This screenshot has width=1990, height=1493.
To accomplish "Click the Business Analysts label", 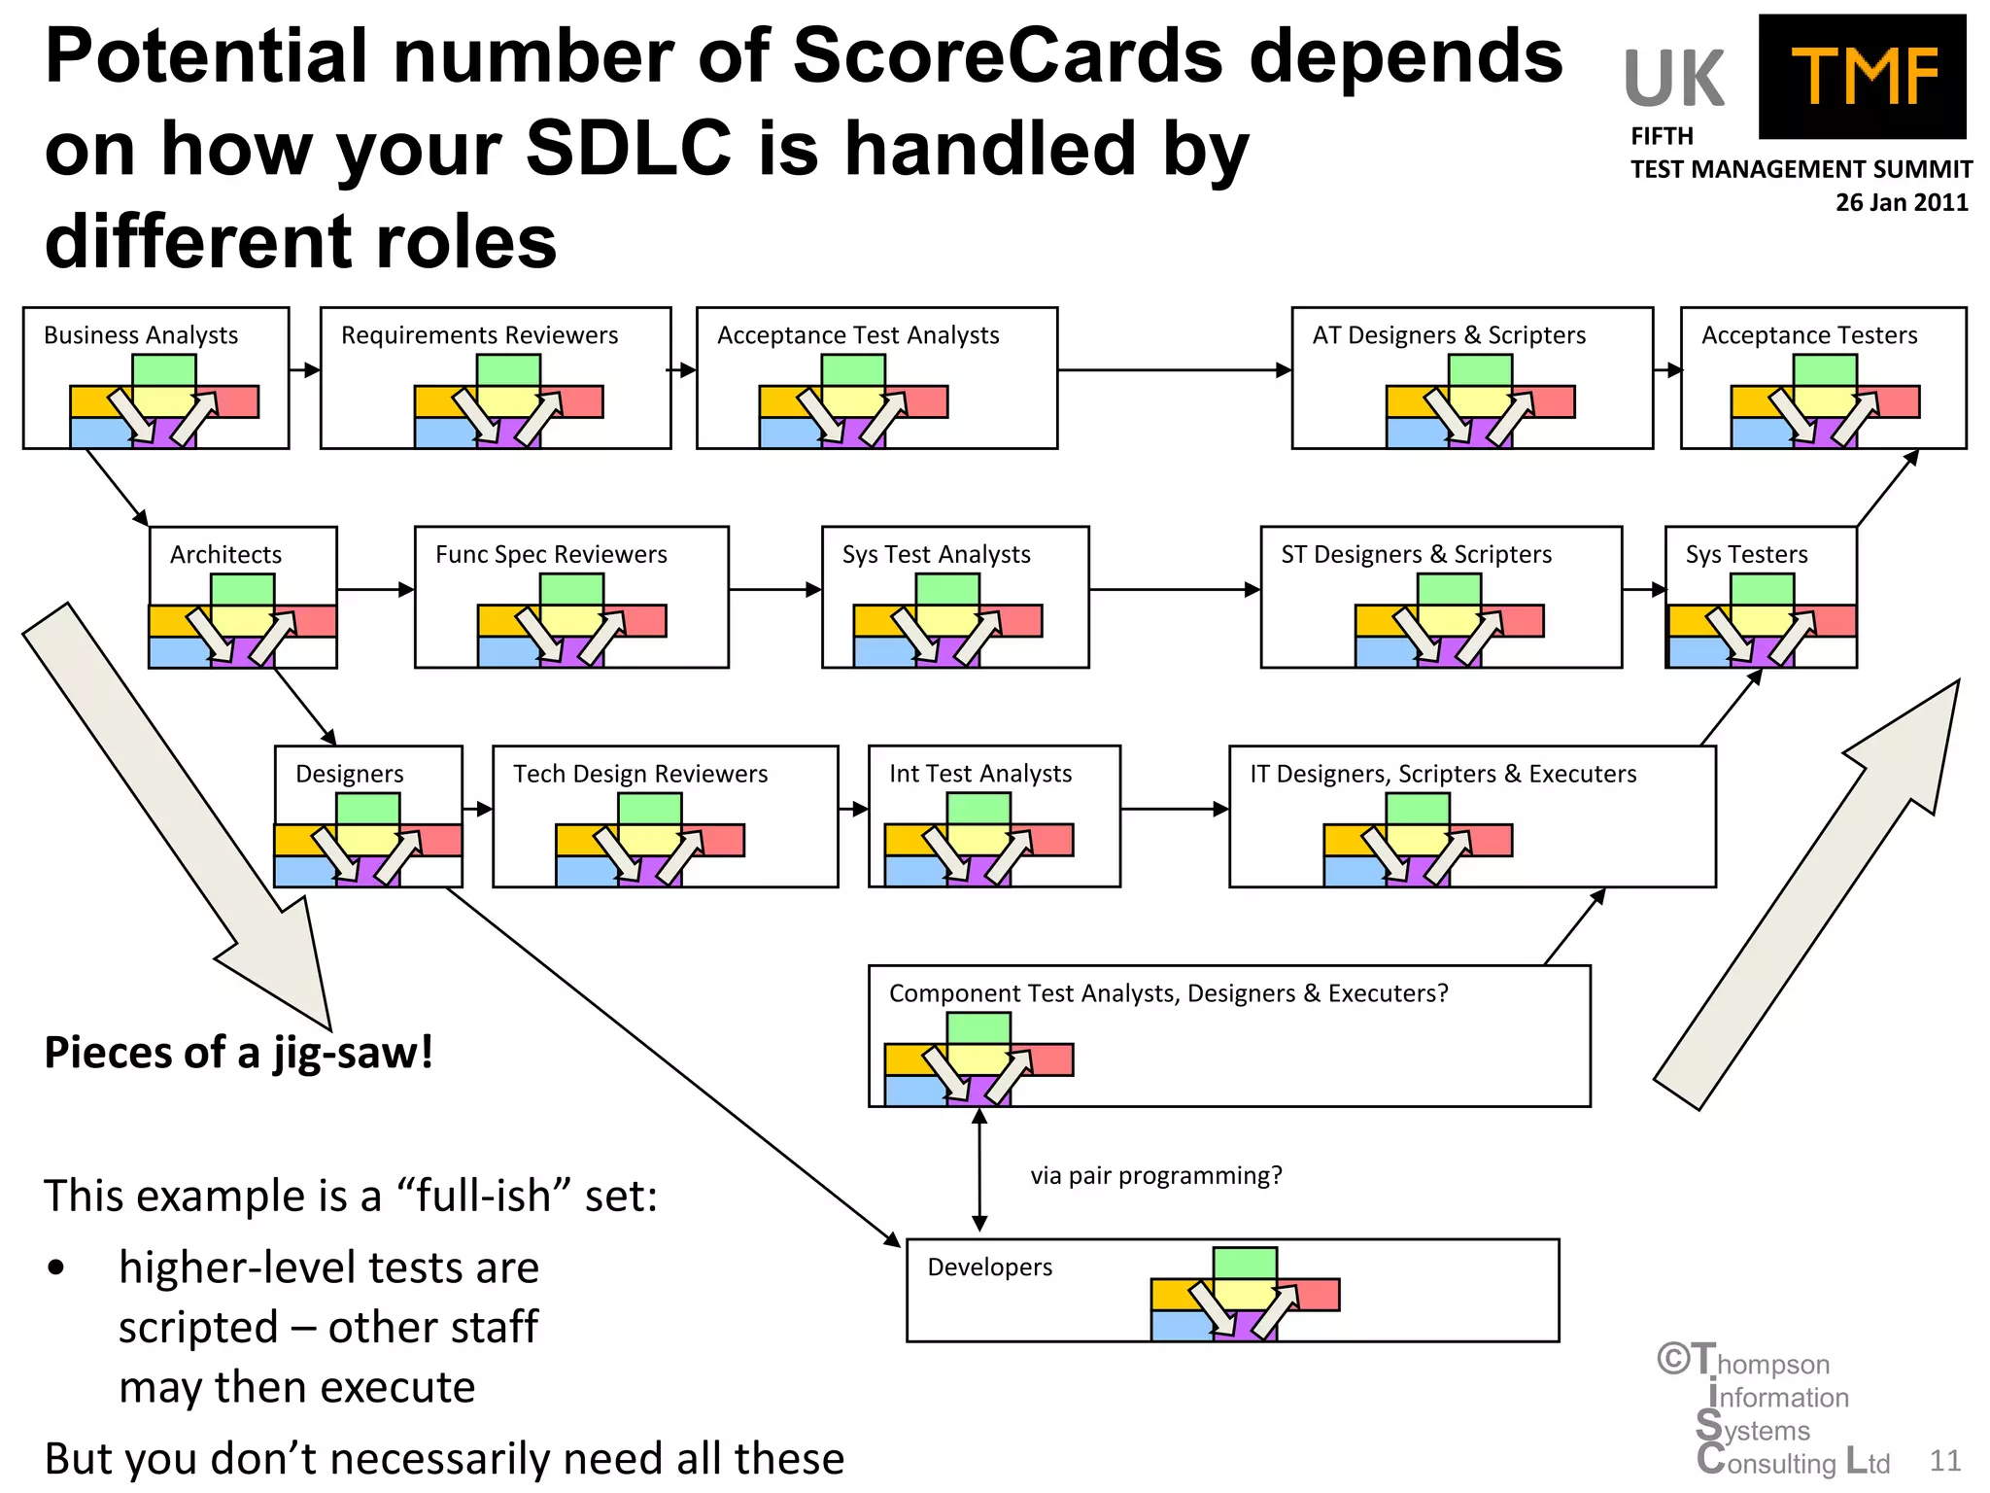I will click(x=141, y=335).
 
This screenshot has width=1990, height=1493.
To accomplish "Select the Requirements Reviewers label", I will click(x=479, y=335).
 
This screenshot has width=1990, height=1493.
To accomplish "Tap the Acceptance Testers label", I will click(x=1809, y=335).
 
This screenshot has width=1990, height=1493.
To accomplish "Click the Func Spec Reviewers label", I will click(x=551, y=555).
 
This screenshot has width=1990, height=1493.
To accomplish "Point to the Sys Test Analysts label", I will click(x=936, y=555).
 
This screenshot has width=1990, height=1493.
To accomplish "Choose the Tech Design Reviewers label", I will click(x=640, y=775).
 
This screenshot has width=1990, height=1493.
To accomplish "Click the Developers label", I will click(x=989, y=1267).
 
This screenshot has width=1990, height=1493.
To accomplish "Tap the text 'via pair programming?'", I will click(x=1156, y=1176).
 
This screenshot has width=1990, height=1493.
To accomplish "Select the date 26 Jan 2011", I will click(x=1901, y=203).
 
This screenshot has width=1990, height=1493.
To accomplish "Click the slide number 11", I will click(x=1944, y=1461).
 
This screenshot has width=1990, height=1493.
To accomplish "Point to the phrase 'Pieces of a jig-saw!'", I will click(x=239, y=1054).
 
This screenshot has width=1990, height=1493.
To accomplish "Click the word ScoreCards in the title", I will click(x=1007, y=56).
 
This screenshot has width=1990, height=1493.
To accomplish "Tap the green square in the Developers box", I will click(x=1245, y=1263).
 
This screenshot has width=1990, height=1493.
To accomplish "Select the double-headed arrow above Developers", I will click(x=979, y=1170).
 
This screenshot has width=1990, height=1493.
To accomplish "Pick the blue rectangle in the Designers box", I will click(x=304, y=871).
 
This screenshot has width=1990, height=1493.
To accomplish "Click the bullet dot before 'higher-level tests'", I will click(x=56, y=1268).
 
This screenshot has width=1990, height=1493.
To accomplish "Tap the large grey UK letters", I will click(x=1673, y=80).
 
